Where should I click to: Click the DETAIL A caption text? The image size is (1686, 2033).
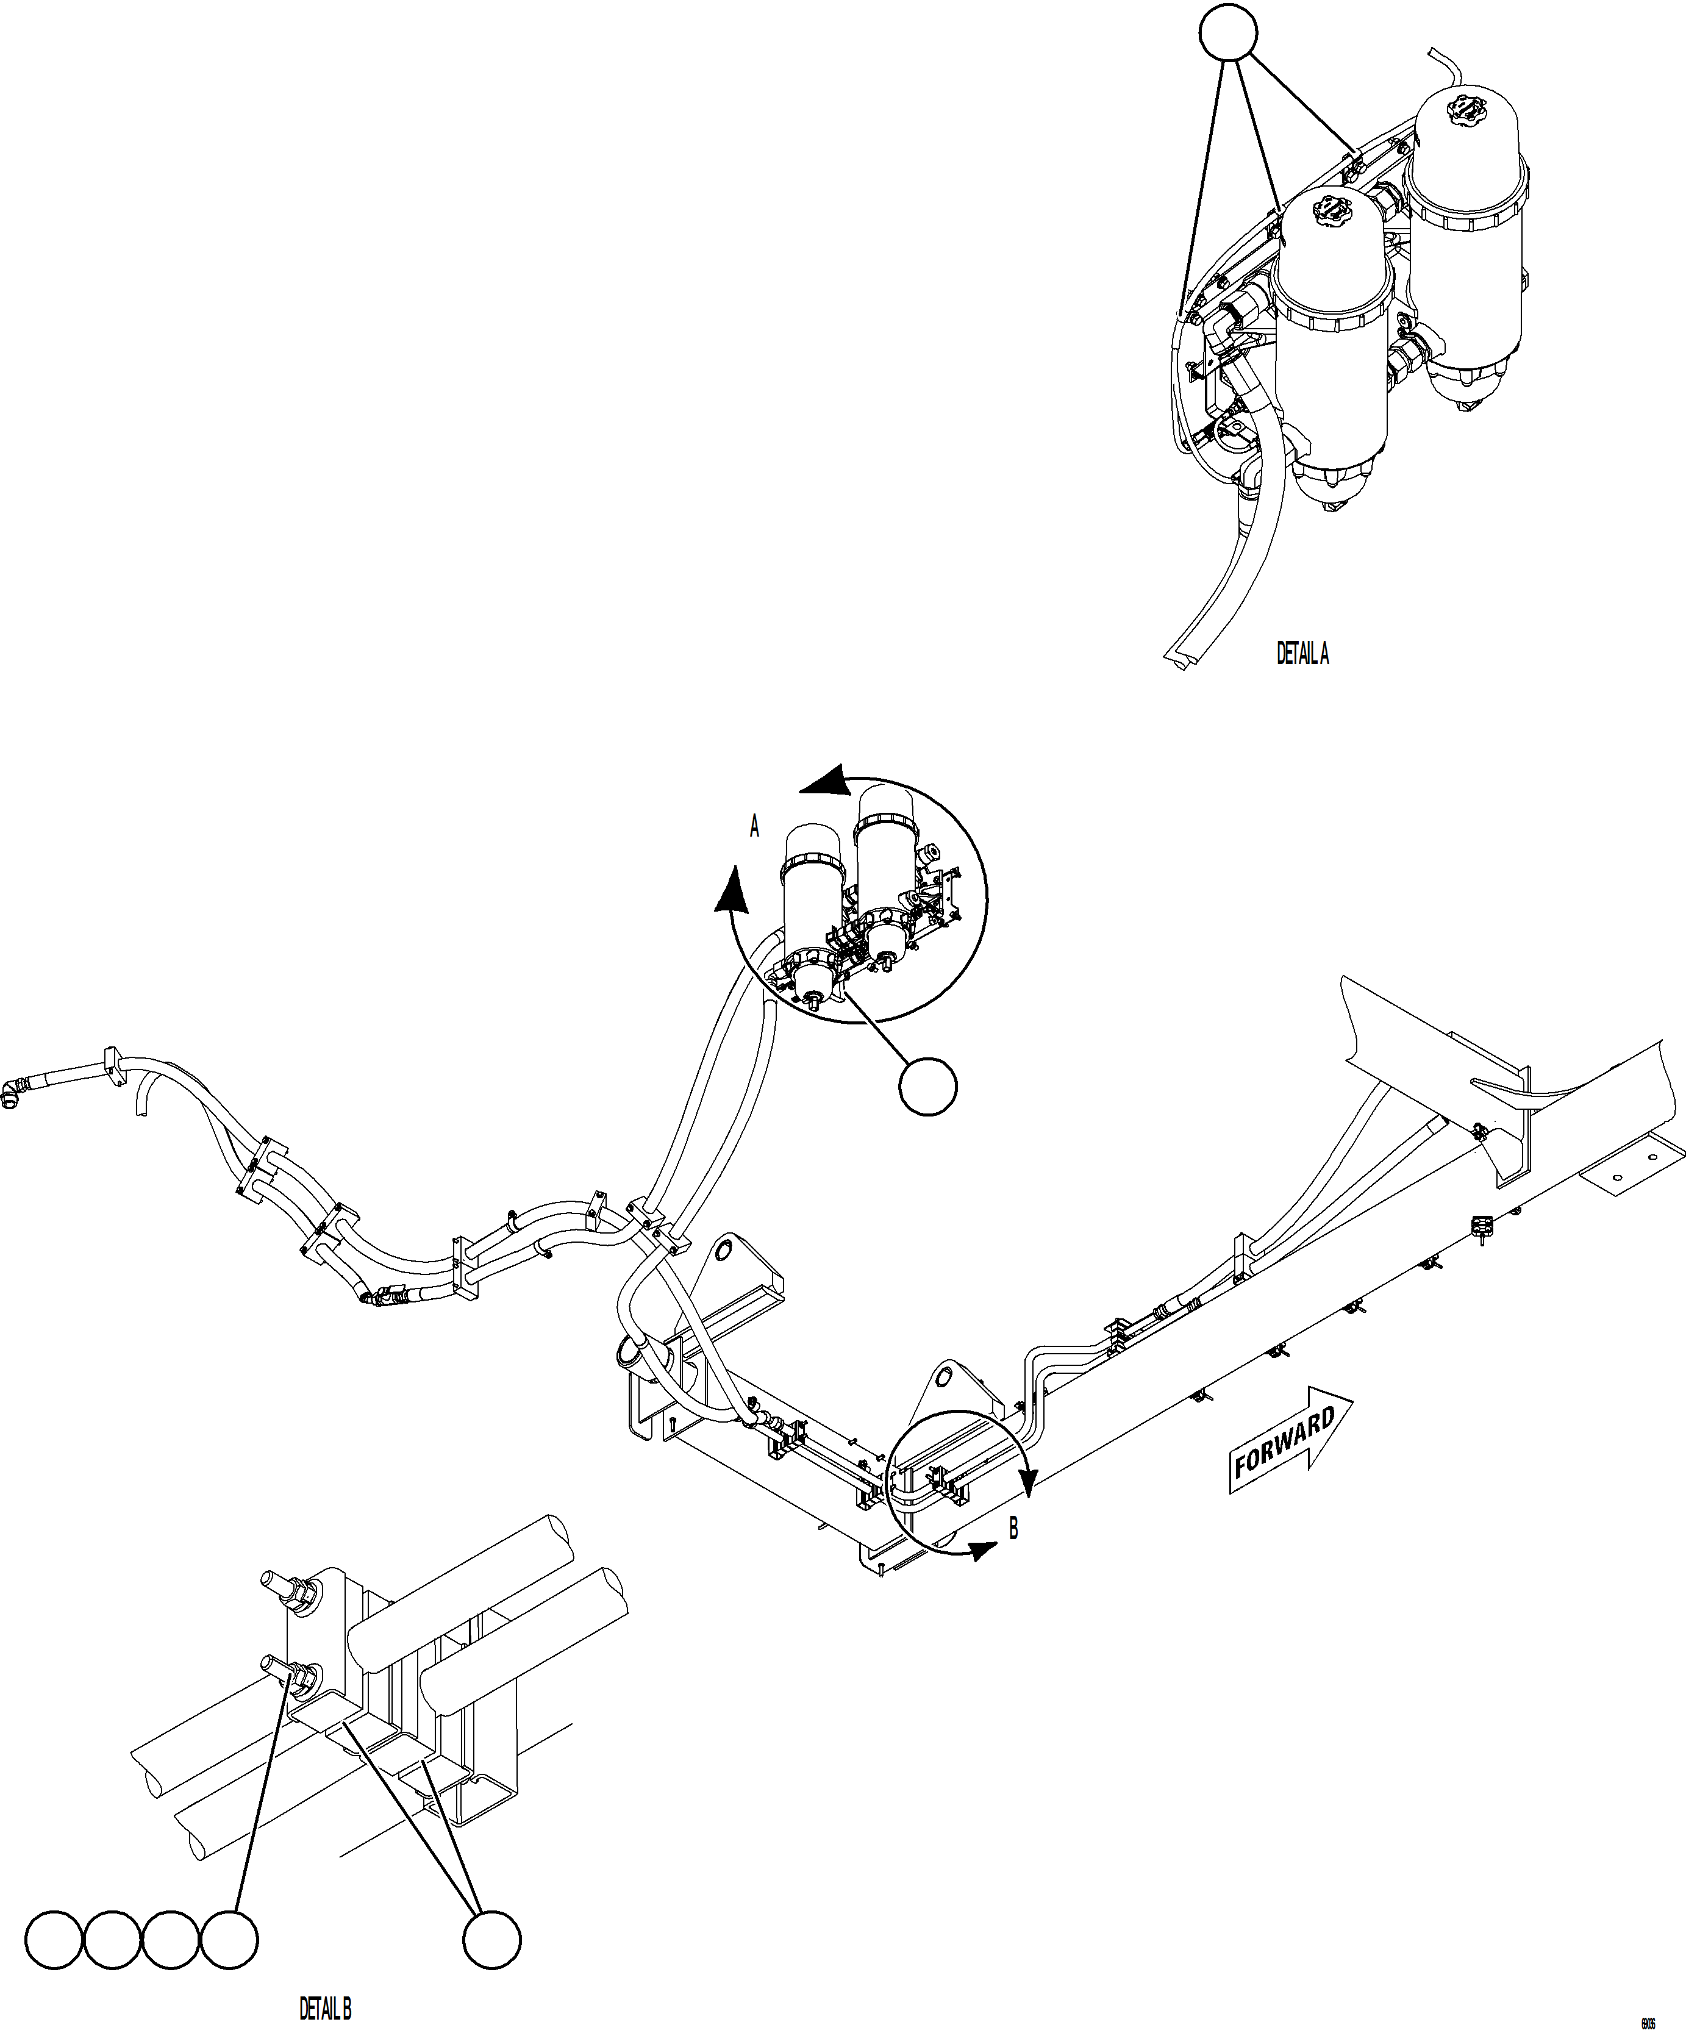pos(1302,654)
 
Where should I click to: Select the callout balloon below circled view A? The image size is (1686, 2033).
pos(928,1087)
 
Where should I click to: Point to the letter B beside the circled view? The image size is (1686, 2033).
pos(1013,1529)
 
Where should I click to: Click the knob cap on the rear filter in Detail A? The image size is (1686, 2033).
pos(1457,107)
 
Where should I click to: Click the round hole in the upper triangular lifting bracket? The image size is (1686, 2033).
pos(722,1252)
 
